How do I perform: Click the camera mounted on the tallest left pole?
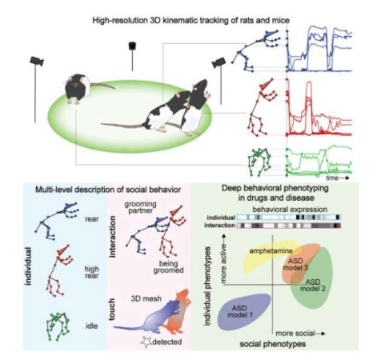pyautogui.click(x=37, y=61)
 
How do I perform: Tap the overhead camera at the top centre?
pyautogui.click(x=132, y=46)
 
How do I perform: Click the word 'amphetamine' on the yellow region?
pyautogui.click(x=271, y=251)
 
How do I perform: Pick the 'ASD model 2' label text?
pyautogui.click(x=313, y=285)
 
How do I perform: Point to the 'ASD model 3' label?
pyautogui.click(x=295, y=264)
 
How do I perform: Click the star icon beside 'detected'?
pyautogui.click(x=146, y=342)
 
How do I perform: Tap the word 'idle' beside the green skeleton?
pyautogui.click(x=91, y=326)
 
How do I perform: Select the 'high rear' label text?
pyautogui.click(x=92, y=272)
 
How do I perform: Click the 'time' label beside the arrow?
pyautogui.click(x=332, y=178)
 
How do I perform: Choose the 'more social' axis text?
pyautogui.click(x=295, y=334)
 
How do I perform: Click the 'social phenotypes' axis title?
pyautogui.click(x=272, y=344)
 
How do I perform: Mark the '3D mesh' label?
pyautogui.click(x=146, y=298)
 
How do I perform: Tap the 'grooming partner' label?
pyautogui.click(x=140, y=207)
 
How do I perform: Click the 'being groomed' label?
pyautogui.click(x=168, y=267)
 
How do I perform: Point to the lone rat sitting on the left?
pyautogui.click(x=78, y=88)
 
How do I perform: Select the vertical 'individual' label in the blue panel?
pyautogui.click(x=29, y=266)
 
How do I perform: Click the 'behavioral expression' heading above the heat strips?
pyautogui.click(x=290, y=210)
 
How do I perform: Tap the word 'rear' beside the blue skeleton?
pyautogui.click(x=92, y=219)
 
